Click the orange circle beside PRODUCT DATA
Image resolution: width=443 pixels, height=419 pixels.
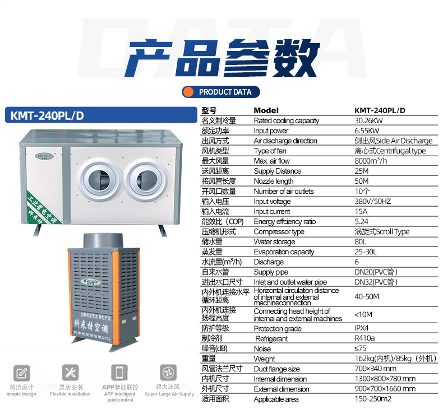point(188,92)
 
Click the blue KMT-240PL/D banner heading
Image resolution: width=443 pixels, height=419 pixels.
point(101,115)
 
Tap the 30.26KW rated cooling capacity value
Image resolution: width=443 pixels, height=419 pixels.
point(368,121)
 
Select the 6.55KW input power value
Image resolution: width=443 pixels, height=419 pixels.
point(367,131)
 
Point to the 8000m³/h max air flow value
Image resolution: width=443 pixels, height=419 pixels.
point(371,161)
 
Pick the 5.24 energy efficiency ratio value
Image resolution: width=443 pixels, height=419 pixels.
point(361,221)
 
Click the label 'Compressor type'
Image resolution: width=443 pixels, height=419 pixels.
point(279,232)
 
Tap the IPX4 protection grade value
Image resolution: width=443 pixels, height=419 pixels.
point(362,328)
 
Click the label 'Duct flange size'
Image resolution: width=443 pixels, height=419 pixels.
point(276,369)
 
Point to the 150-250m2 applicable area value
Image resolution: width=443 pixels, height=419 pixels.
point(373,399)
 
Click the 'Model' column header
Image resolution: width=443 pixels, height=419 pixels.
point(266,110)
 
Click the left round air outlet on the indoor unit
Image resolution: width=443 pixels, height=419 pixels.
point(99,180)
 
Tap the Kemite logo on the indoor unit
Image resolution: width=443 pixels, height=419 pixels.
point(44,156)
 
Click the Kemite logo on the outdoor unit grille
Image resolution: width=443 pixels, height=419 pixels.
point(90,282)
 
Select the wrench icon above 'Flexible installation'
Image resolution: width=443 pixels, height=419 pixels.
point(70,373)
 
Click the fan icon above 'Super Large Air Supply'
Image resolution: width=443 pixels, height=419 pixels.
point(168,373)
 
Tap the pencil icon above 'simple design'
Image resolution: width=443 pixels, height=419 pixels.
point(21,373)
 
